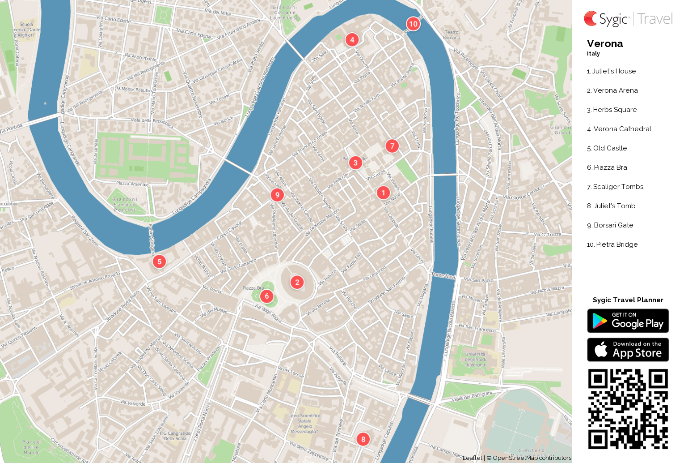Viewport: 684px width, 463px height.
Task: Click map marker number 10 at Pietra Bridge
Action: tap(413, 24)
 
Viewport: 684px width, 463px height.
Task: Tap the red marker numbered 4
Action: tap(352, 40)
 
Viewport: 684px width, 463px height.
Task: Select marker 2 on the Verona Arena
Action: tap(297, 282)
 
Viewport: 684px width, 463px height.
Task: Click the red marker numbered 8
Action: tap(363, 439)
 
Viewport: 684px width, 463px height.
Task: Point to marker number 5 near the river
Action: tap(160, 262)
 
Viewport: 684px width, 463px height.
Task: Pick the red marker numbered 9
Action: tap(277, 195)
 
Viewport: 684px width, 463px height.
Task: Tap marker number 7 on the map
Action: tap(392, 146)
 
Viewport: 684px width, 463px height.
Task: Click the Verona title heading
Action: tap(605, 44)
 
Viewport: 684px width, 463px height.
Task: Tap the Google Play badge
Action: tap(628, 321)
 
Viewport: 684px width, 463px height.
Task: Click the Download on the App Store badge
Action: tap(628, 350)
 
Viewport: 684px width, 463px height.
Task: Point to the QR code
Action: tap(628, 409)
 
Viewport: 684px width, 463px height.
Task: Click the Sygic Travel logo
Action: tap(628, 19)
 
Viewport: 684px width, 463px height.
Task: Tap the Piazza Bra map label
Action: tap(253, 288)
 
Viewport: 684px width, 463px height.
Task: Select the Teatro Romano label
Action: tap(452, 35)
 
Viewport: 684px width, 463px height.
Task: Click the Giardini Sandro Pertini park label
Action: tap(125, 205)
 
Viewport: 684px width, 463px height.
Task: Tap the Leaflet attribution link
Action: tap(472, 458)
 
